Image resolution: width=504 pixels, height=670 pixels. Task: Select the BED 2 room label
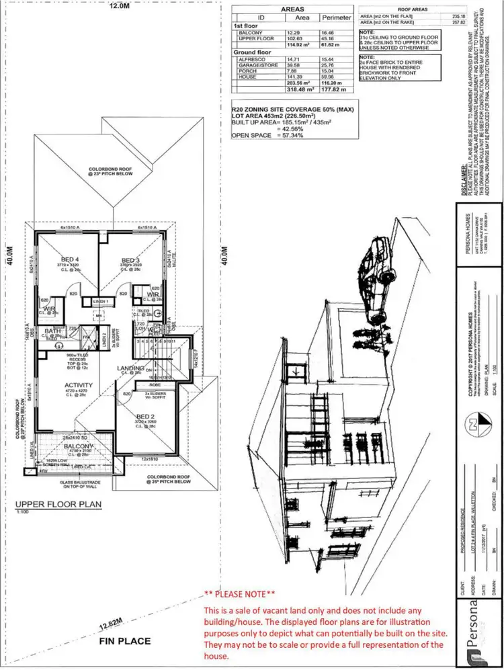click(x=145, y=417)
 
